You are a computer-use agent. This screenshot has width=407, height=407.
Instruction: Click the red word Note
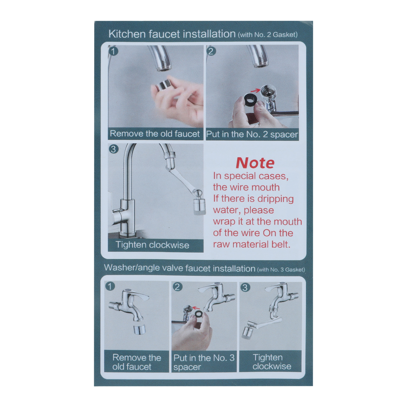(x=255, y=163)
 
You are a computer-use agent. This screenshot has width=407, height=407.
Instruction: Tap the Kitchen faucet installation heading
(x=172, y=34)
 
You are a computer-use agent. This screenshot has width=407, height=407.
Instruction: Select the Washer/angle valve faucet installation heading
(x=180, y=268)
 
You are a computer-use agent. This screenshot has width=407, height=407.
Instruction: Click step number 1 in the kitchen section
(x=113, y=51)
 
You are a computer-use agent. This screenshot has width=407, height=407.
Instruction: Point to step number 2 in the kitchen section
(x=211, y=51)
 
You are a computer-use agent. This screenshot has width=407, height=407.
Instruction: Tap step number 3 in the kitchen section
(x=113, y=149)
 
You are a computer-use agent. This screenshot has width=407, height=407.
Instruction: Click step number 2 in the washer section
(x=177, y=287)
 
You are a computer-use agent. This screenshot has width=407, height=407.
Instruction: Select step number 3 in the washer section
(x=245, y=287)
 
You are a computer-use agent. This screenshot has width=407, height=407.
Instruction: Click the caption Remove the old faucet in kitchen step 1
(x=155, y=134)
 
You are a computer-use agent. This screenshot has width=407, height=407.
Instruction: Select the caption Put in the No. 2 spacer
(x=252, y=134)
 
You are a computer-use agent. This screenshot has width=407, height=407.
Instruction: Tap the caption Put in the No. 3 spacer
(x=204, y=362)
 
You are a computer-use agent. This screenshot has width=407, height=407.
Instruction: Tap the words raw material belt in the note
(x=252, y=244)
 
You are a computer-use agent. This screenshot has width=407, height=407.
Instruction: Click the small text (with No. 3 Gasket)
(x=281, y=270)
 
